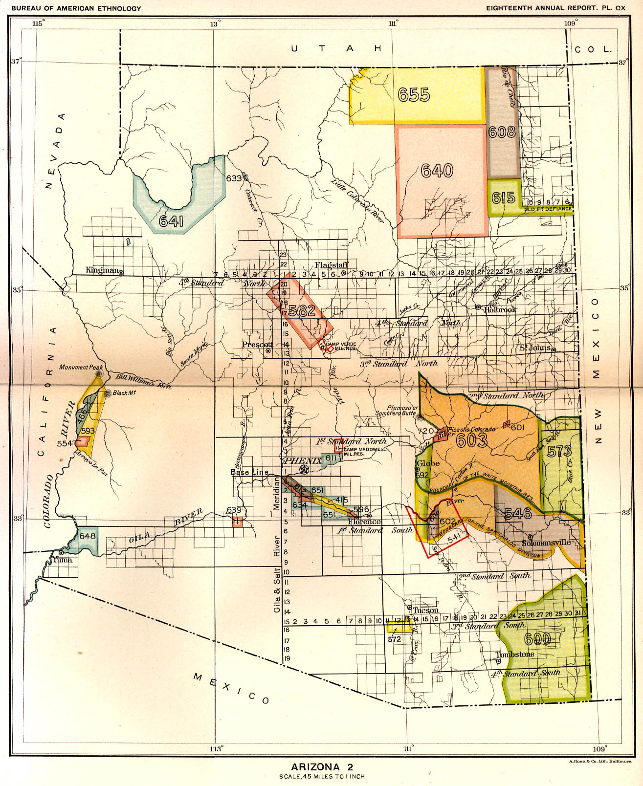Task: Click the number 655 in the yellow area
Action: pos(414,94)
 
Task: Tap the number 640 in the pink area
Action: pos(437,171)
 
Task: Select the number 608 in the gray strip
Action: pos(502,132)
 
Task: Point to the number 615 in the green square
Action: pos(504,197)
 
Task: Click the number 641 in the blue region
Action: pos(171,222)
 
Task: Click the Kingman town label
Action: pos(102,270)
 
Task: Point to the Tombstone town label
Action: pos(515,654)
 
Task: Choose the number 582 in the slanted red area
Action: pos(302,310)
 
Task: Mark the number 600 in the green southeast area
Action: pos(537,639)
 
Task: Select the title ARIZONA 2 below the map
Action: pos(322,766)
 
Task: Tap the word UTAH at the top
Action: pos(336,48)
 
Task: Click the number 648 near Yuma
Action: pos(88,536)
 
